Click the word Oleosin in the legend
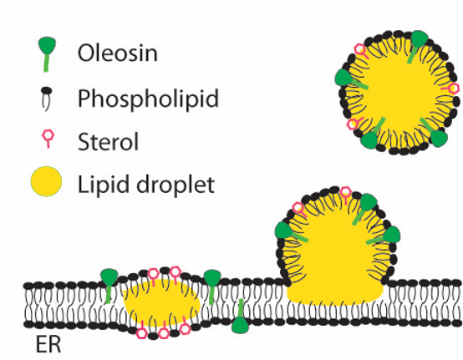tap(118, 53)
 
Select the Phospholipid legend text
tap(148, 99)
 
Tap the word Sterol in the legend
tap(108, 142)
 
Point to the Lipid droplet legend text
tap(146, 185)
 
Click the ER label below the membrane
tap(48, 344)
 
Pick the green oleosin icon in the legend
tap(47, 53)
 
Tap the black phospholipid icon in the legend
tap(46, 98)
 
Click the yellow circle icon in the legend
tap(46, 181)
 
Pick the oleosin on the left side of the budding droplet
tap(290, 232)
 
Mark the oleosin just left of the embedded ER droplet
tap(109, 284)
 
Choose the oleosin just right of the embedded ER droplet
tap(212, 286)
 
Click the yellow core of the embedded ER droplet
tap(162, 303)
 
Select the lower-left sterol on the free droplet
tap(354, 123)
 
